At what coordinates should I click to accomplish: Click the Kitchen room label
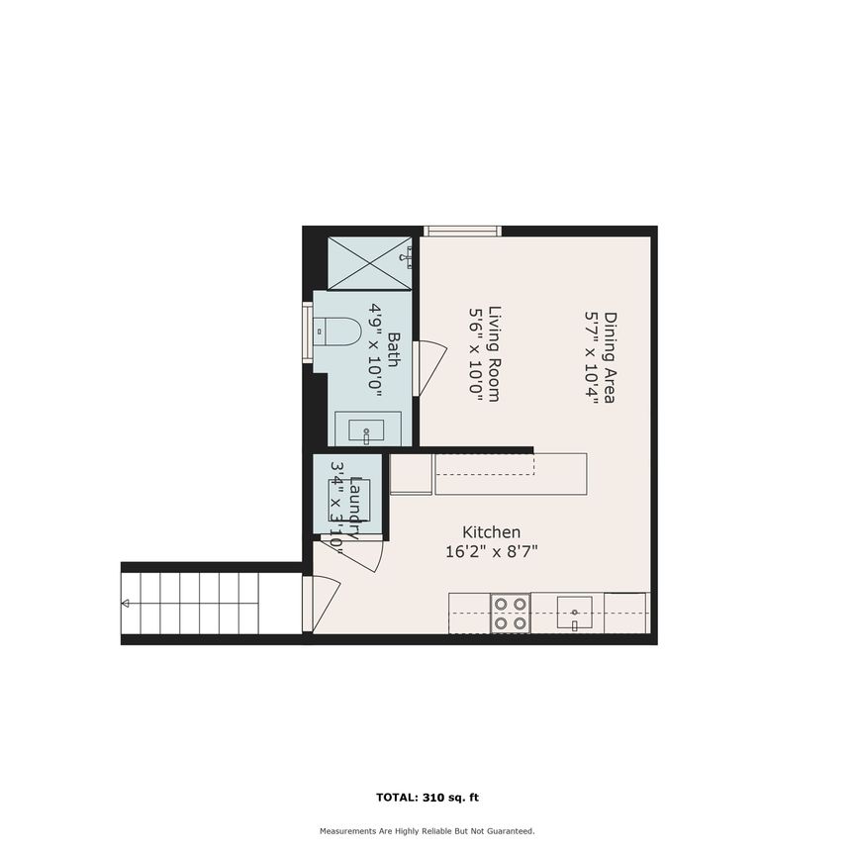[492, 532]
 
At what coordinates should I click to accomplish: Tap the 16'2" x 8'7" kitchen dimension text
[492, 552]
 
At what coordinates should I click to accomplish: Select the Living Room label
[492, 352]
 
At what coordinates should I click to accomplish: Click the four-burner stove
[511, 613]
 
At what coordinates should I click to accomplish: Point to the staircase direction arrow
[126, 603]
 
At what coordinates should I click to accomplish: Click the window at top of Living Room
[462, 232]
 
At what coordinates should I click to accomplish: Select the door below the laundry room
[361, 556]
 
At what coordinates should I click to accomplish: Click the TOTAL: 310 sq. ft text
[427, 797]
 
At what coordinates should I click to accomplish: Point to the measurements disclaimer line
[427, 831]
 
